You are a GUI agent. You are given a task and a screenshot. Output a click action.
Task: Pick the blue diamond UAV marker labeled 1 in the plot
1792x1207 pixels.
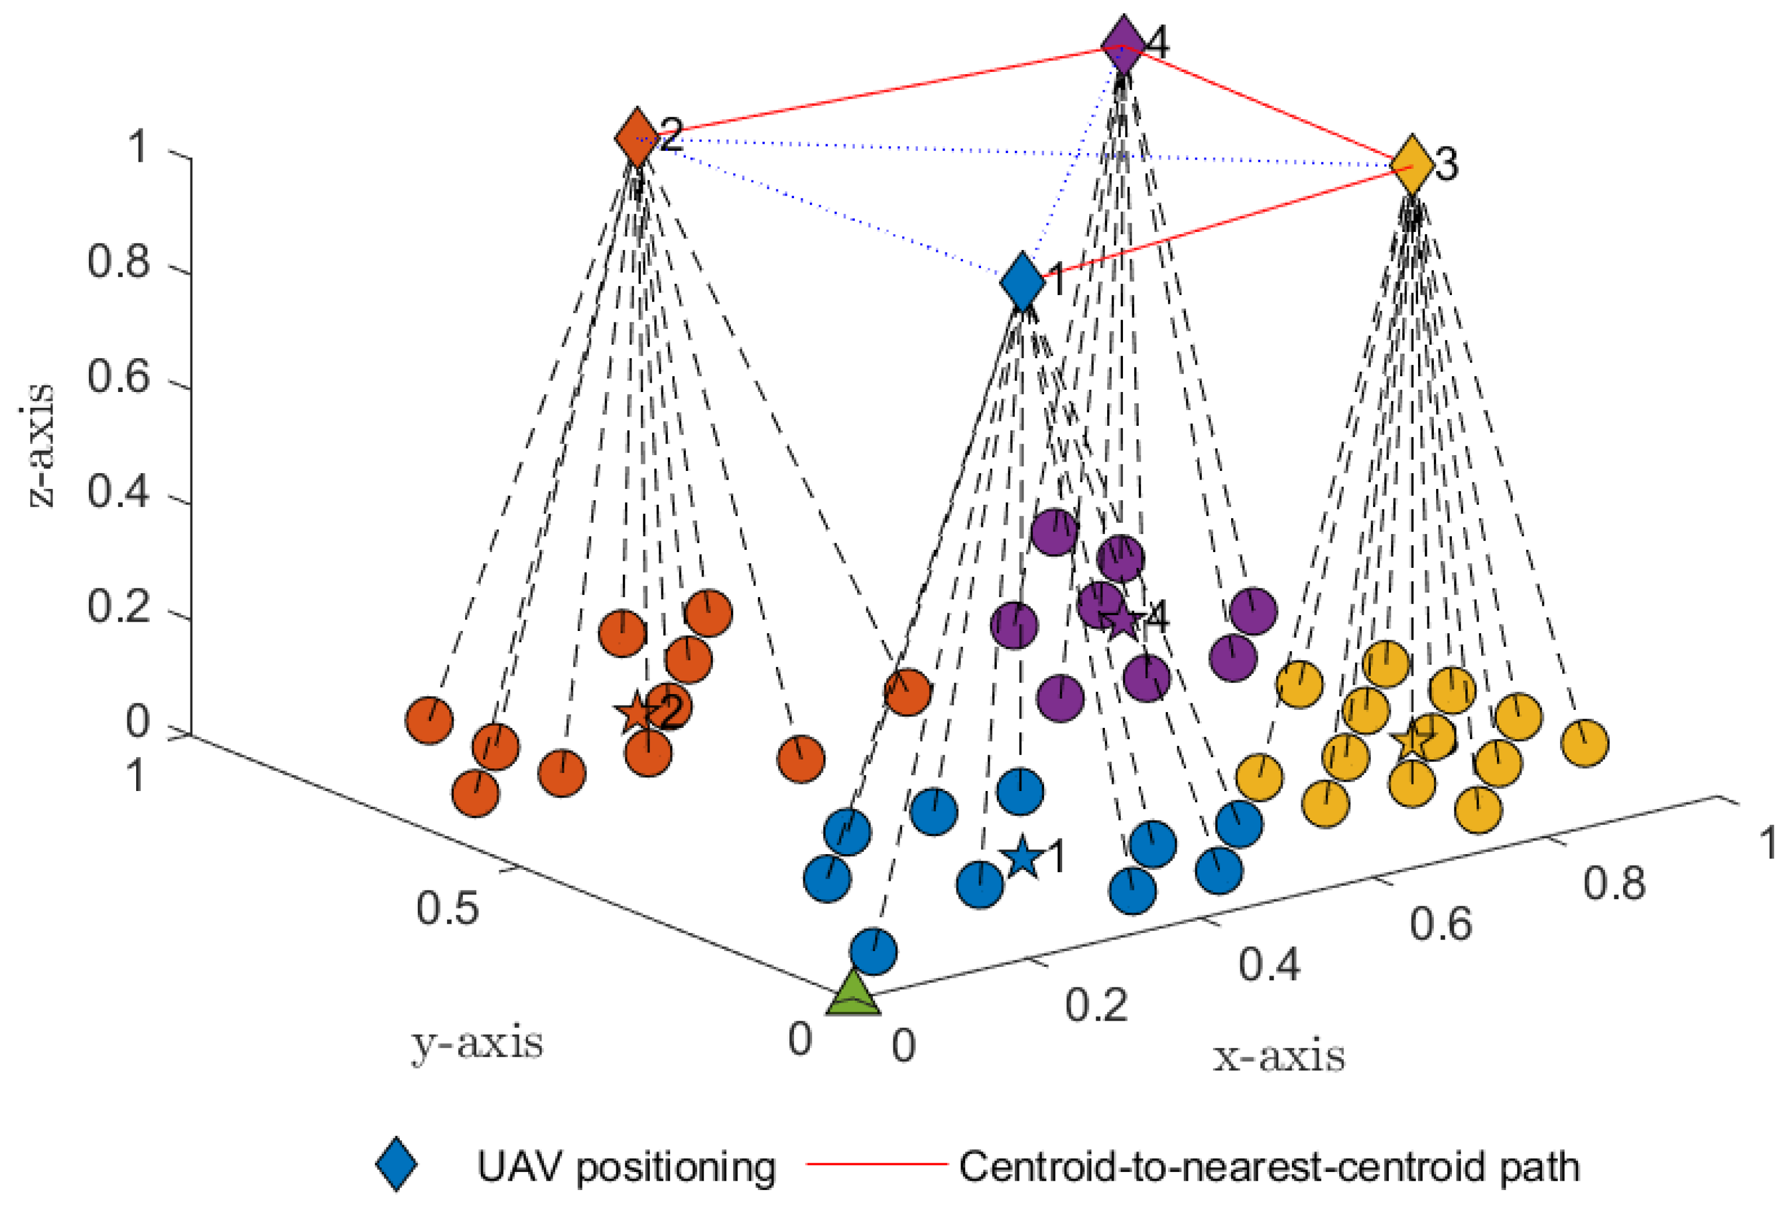pyautogui.click(x=1023, y=282)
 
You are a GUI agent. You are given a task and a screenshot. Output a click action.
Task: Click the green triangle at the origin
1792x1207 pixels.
pyautogui.click(x=853, y=994)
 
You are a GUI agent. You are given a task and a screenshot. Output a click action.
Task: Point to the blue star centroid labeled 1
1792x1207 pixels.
pyautogui.click(x=1022, y=856)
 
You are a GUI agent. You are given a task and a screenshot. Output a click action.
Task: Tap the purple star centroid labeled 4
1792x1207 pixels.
pyautogui.click(x=1122, y=620)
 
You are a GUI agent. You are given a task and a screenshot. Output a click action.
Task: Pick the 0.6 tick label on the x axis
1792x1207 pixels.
pyautogui.click(x=1441, y=923)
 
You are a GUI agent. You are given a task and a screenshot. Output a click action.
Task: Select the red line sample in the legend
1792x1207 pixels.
pyautogui.click(x=876, y=1164)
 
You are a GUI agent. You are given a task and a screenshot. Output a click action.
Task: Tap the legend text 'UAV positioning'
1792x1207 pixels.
pyautogui.click(x=626, y=1167)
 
